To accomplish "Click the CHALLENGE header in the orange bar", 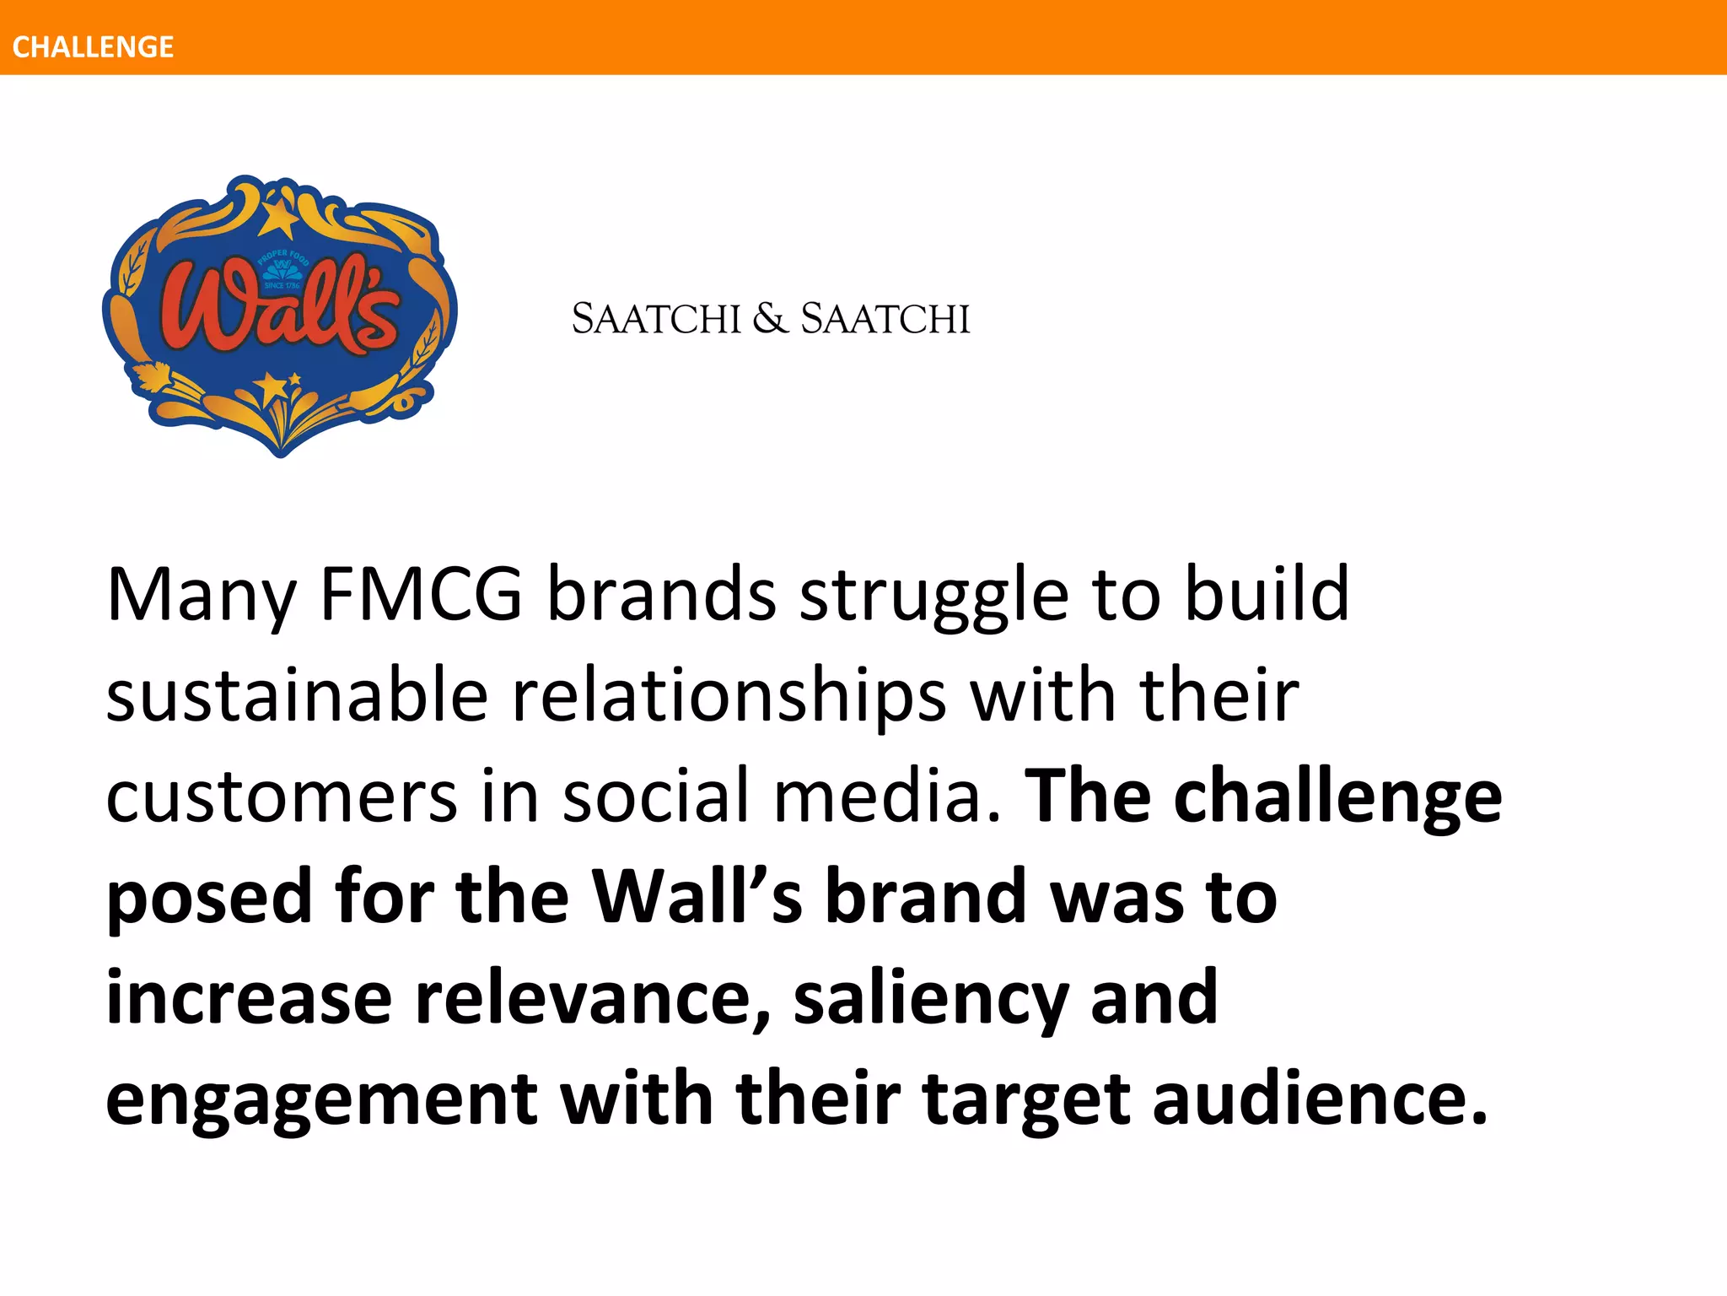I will tap(93, 46).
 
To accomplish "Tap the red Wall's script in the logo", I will tap(278, 308).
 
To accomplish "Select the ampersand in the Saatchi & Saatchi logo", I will tap(769, 319).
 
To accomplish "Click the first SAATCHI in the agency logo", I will tap(656, 319).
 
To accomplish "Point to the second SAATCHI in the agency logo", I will tap(885, 319).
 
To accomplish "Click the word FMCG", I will tap(421, 594).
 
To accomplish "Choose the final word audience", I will tap(1320, 1099).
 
